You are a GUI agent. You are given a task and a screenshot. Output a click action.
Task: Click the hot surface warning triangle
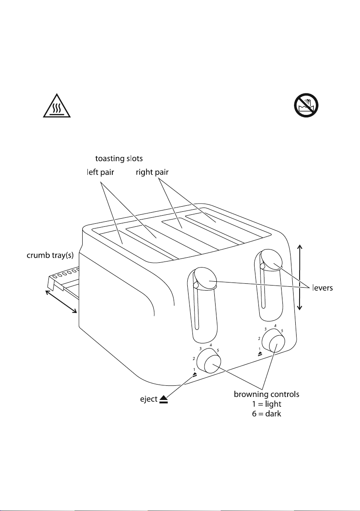point(57,106)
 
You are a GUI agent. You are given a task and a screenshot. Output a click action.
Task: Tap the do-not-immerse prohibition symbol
point(306,105)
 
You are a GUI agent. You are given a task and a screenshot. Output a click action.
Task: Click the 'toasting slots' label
point(119,158)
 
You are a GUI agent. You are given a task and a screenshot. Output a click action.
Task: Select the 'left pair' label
point(100,172)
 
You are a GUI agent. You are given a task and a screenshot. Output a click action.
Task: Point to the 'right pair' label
point(152,172)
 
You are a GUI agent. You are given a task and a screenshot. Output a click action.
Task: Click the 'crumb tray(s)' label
point(50,255)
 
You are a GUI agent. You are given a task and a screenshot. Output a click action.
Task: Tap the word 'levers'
point(323,288)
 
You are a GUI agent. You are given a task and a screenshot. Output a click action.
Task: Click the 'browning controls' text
point(267,394)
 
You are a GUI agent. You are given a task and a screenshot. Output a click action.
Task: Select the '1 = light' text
point(267,404)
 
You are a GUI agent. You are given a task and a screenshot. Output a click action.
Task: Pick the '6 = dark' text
point(267,414)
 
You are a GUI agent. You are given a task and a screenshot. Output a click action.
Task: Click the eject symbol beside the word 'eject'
point(164,399)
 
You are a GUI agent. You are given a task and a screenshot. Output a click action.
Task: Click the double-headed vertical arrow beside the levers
point(300,277)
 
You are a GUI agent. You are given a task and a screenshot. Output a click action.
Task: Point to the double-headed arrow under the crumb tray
point(61,301)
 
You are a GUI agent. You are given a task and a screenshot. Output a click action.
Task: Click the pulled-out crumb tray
point(64,279)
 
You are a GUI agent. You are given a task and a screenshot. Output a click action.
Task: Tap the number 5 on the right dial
point(282,331)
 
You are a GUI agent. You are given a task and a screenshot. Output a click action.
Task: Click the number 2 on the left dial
point(194,358)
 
